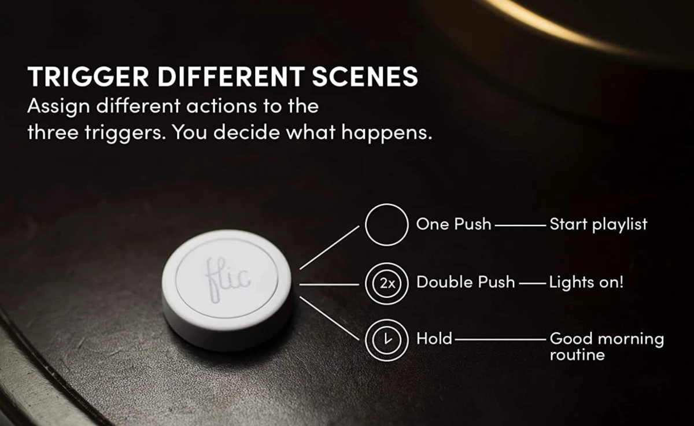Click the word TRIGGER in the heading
(88, 76)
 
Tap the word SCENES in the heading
(365, 76)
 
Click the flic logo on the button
(227, 280)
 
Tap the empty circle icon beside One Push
(386, 204)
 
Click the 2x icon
(386, 284)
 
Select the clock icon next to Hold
(386, 340)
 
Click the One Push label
(453, 224)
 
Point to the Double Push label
(466, 282)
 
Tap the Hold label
(434, 339)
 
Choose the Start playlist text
(599, 225)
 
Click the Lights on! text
(586, 283)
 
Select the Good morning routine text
(607, 347)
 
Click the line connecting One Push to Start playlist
(520, 225)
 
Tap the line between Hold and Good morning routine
(500, 340)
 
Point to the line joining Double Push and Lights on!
(533, 283)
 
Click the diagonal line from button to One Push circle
(329, 247)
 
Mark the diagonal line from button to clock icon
(329, 318)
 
